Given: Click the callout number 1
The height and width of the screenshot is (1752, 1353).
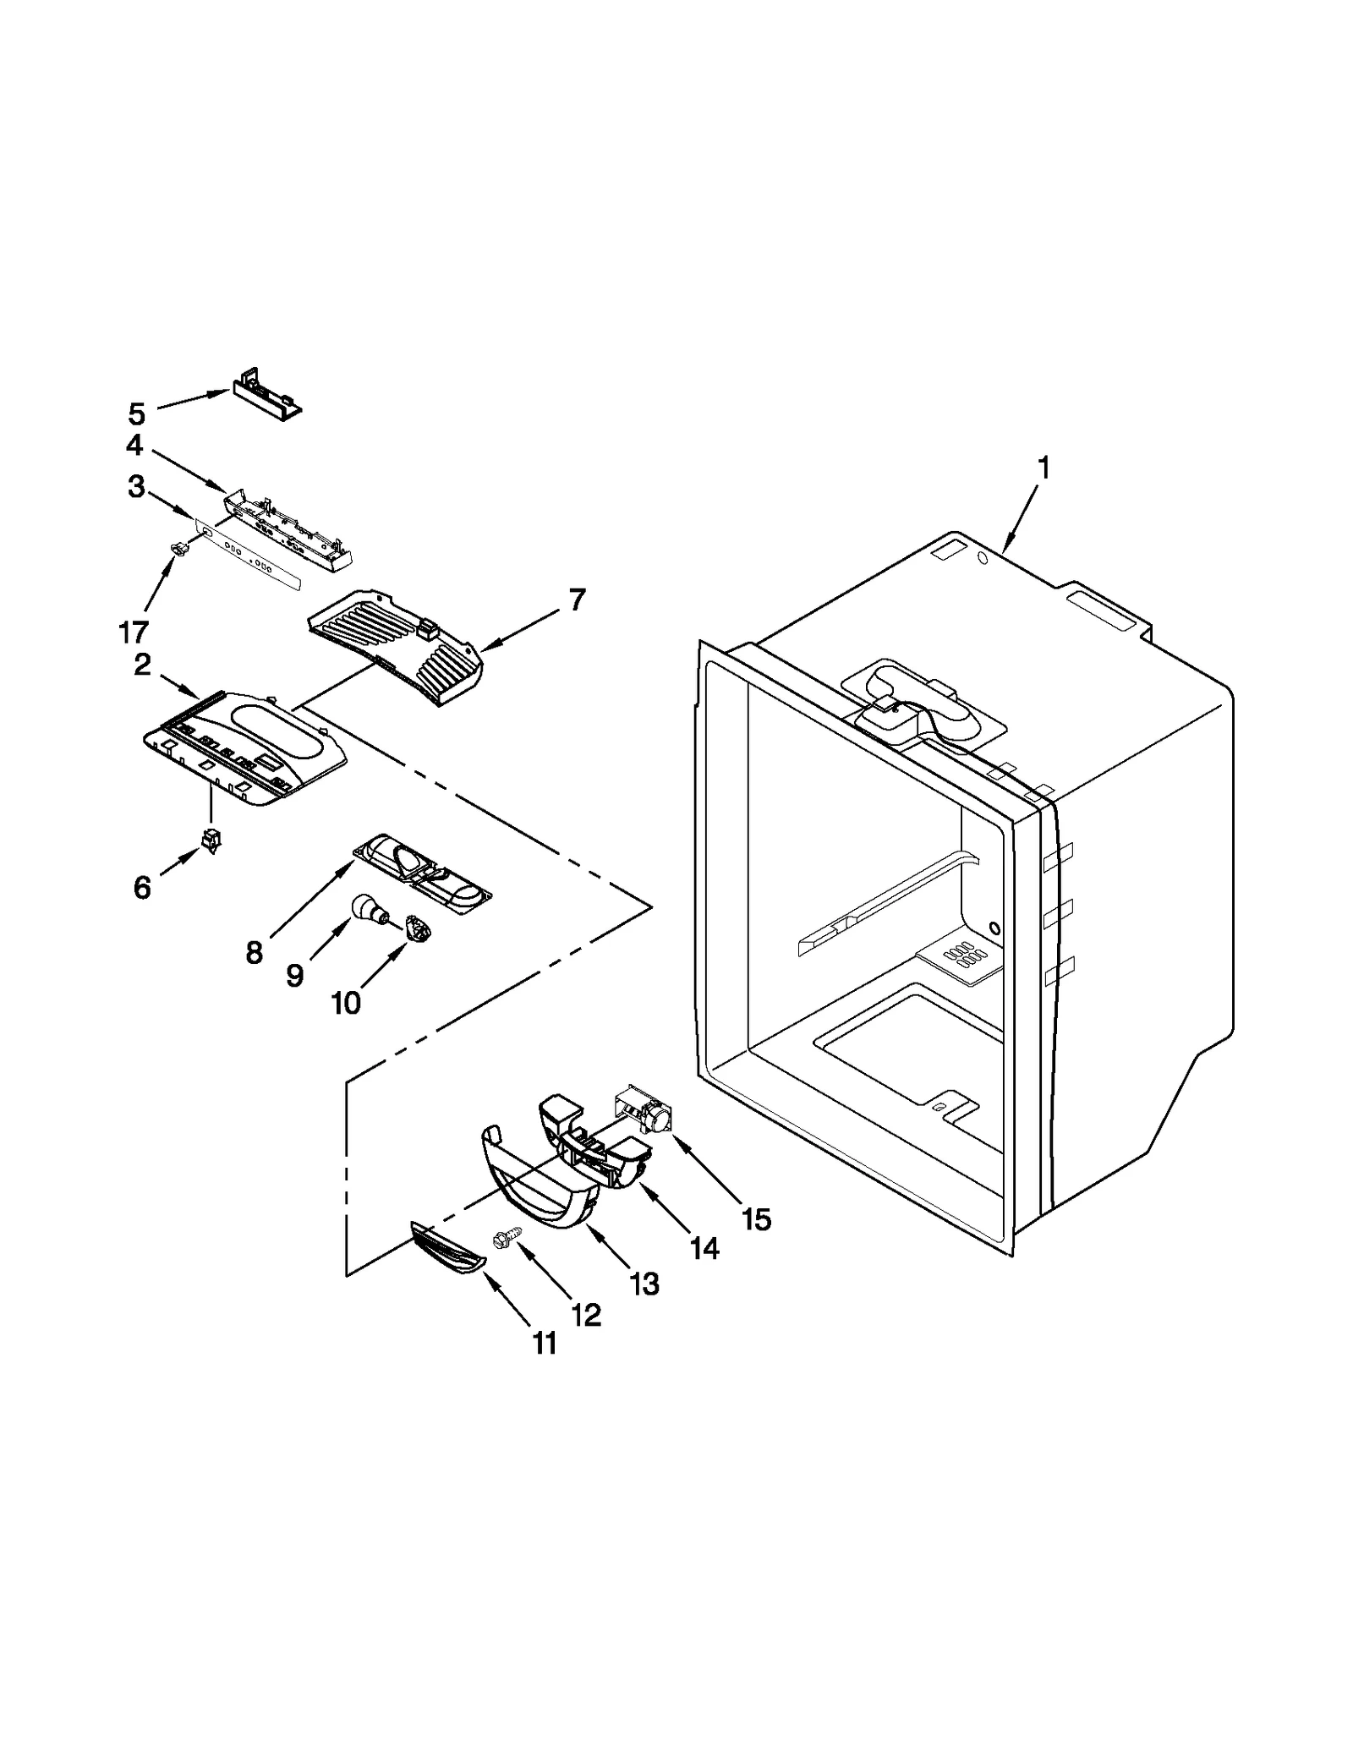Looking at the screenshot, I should (x=1044, y=468).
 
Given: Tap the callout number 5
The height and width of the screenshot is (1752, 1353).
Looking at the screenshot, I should (x=137, y=413).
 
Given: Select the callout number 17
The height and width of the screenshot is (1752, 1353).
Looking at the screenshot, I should (x=134, y=631).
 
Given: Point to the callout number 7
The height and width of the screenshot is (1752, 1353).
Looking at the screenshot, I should (x=576, y=600).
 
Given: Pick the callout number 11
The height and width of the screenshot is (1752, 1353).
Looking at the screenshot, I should (x=545, y=1343).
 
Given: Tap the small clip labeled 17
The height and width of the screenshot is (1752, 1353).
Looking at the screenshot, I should (x=179, y=550).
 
